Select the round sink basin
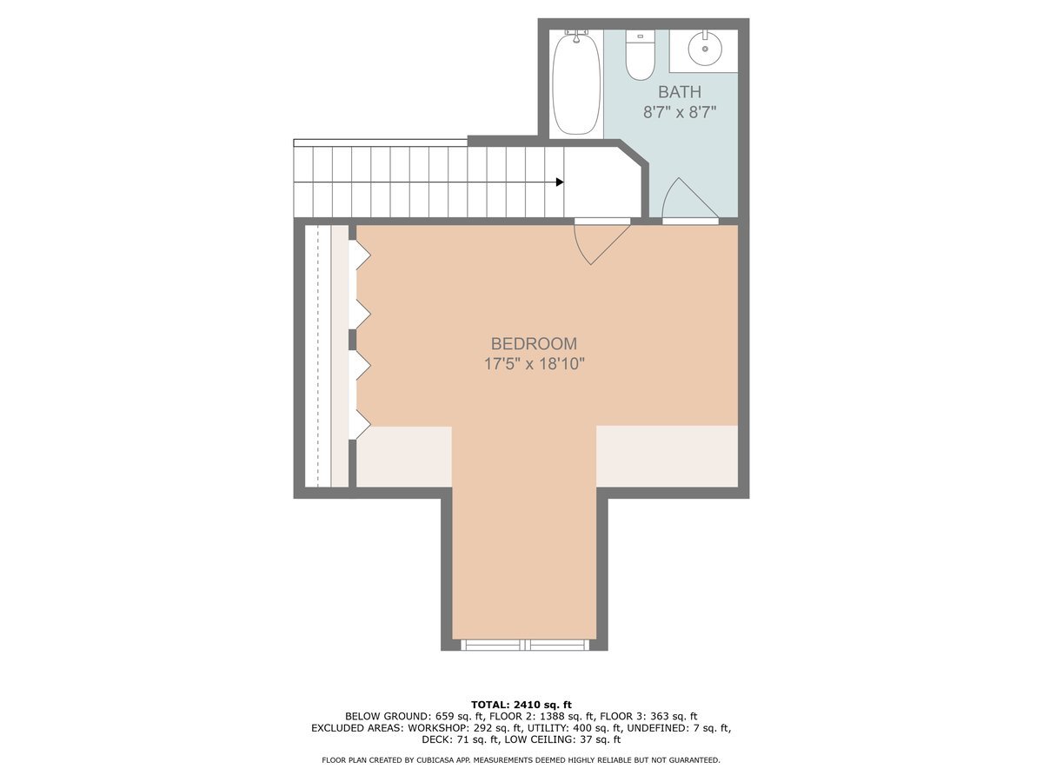coord(705,48)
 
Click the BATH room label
coord(679,92)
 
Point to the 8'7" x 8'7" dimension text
coord(679,112)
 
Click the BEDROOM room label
coord(534,344)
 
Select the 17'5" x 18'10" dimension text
coord(534,364)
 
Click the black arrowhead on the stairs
coord(560,182)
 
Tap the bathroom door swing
coord(687,202)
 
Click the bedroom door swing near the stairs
coord(600,242)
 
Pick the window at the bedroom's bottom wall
coord(524,645)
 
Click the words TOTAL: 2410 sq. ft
coord(521,704)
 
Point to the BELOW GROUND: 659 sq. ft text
coord(404,716)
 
